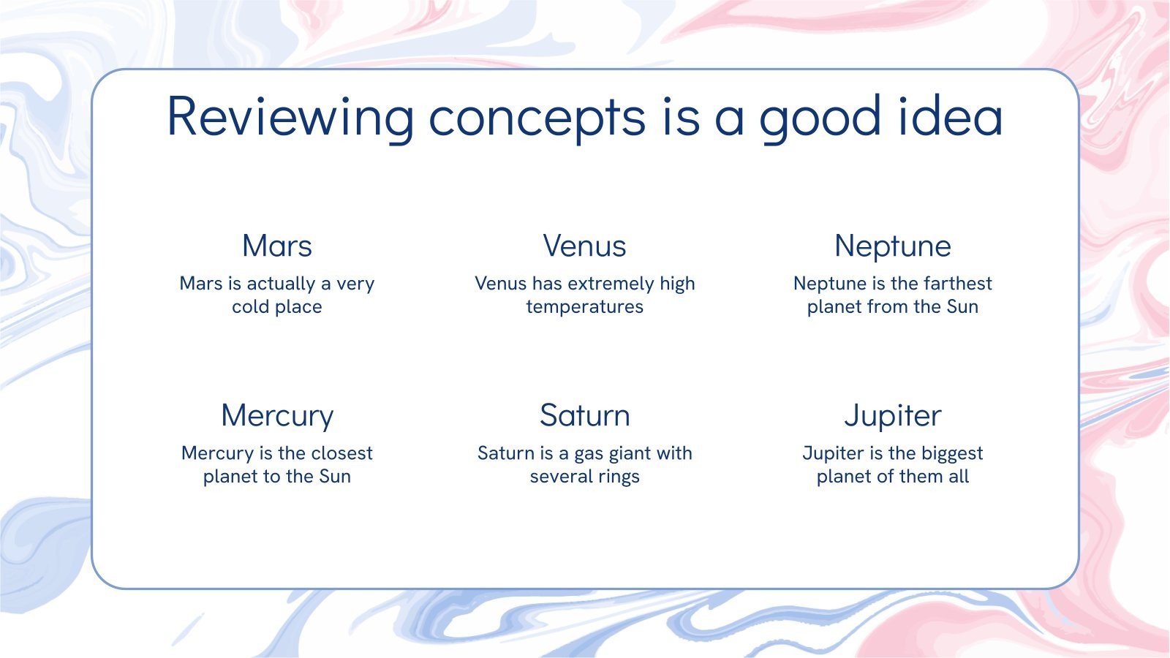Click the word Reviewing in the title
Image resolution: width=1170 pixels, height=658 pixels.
[x=290, y=118]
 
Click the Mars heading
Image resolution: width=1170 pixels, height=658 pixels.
[x=277, y=246]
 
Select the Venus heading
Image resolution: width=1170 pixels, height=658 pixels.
[x=584, y=246]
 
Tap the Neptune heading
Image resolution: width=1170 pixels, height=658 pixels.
[x=893, y=246]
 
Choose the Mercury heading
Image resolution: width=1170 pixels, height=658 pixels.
[x=277, y=416]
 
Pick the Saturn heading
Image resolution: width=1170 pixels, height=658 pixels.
[x=584, y=415]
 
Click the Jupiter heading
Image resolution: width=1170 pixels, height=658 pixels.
[x=893, y=416]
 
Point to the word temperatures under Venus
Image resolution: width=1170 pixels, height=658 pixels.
[x=584, y=307]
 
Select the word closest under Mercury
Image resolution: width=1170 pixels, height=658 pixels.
[x=341, y=453]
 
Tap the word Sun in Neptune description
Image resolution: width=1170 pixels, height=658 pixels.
[x=962, y=306]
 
